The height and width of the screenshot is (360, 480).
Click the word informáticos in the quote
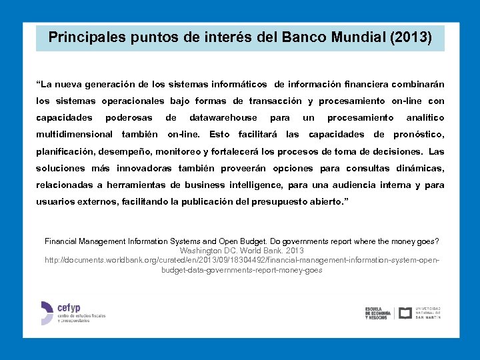click(236, 85)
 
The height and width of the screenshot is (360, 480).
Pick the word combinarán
click(417, 85)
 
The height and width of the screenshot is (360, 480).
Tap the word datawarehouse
click(223, 118)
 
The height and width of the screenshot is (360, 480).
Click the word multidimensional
click(74, 135)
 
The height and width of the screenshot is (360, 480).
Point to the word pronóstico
click(419, 135)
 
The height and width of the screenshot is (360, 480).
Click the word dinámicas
click(420, 168)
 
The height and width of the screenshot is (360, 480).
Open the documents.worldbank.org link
click(241, 261)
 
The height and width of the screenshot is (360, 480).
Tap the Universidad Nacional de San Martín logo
click(420, 313)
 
